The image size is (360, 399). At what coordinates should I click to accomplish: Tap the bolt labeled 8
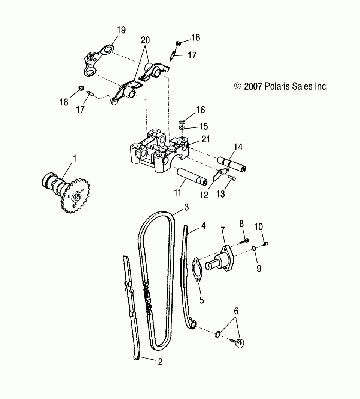pos(246,240)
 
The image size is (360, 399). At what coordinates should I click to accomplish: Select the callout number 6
pos(236,311)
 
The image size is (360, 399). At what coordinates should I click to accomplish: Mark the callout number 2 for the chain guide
pos(160,361)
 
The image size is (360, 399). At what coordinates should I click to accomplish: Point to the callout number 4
pos(203,226)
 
